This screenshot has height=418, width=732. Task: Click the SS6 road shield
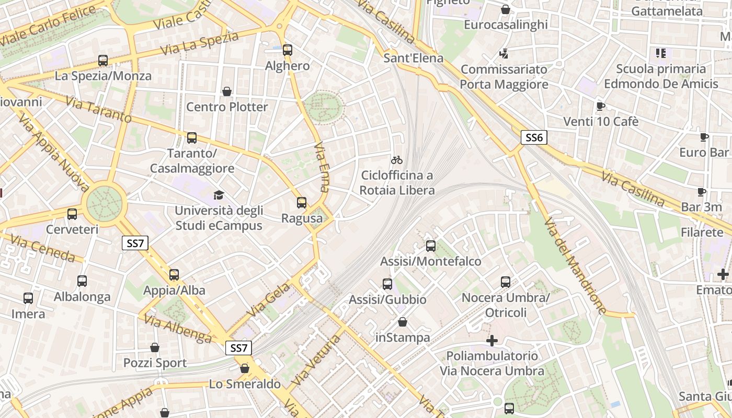click(534, 138)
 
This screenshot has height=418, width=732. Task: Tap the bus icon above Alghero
click(287, 50)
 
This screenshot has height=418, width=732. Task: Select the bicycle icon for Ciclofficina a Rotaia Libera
click(397, 159)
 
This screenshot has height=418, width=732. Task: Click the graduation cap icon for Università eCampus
click(218, 195)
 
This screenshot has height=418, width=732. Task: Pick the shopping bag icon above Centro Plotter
click(227, 91)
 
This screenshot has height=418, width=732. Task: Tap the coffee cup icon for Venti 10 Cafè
click(601, 106)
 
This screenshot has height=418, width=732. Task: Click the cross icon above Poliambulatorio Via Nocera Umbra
click(491, 341)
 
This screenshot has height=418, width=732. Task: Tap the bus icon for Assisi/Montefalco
click(430, 246)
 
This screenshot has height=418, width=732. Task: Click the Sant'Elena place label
click(413, 57)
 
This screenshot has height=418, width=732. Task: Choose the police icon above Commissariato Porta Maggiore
click(504, 53)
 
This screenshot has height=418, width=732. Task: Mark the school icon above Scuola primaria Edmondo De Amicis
click(661, 53)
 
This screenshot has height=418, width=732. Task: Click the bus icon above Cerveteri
click(72, 214)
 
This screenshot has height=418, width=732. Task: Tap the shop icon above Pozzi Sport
click(155, 347)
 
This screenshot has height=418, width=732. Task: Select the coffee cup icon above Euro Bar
click(704, 137)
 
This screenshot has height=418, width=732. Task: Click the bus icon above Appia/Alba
click(174, 274)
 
